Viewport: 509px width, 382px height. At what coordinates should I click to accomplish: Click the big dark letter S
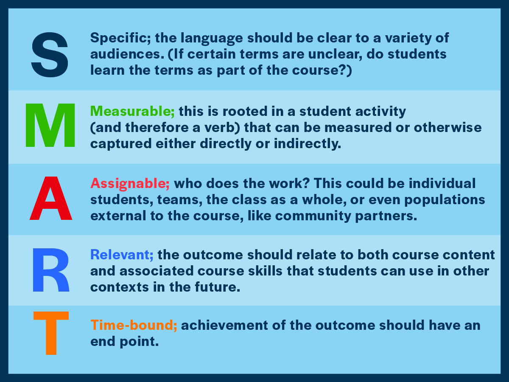tap(50, 55)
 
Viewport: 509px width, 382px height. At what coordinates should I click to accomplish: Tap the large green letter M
tap(50, 125)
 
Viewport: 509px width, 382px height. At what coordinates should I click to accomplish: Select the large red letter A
tap(51, 198)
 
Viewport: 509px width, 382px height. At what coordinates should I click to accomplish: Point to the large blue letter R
tap(51, 270)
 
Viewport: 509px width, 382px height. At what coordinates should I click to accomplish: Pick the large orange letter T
tap(51, 333)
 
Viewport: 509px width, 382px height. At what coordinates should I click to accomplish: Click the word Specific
tap(120, 38)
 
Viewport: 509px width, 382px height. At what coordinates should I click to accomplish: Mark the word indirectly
tap(308, 143)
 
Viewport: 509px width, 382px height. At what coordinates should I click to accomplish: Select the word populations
tap(445, 200)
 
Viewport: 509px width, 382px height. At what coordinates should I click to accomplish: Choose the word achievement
tap(224, 325)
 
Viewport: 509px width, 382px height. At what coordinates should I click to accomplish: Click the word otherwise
tap(447, 127)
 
